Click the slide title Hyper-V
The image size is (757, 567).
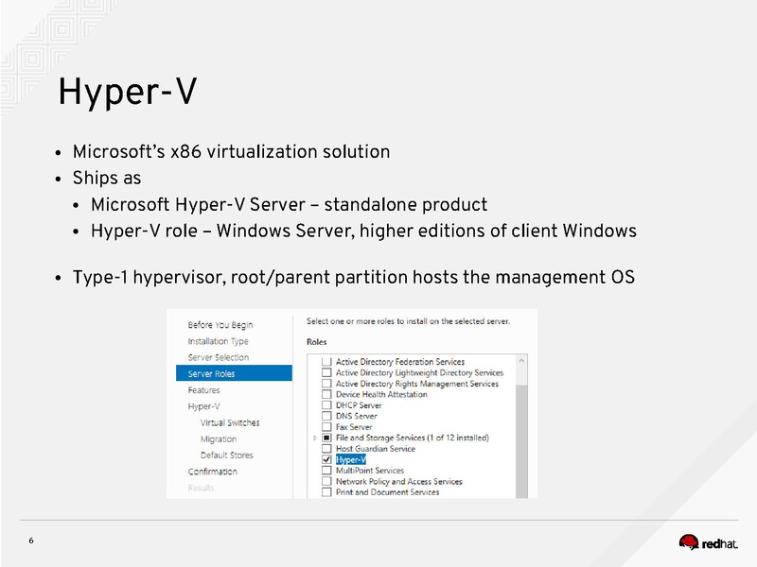coord(127,93)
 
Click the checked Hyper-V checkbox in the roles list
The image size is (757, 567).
coord(326,460)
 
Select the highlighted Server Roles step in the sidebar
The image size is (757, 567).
coord(212,373)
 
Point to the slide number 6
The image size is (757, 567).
coord(31,541)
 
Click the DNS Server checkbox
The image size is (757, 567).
coord(326,416)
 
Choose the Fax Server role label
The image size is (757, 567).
coord(354,427)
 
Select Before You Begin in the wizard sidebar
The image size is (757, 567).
coord(220,325)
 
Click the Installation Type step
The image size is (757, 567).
coord(219,341)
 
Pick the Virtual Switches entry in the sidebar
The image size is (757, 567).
coord(230,422)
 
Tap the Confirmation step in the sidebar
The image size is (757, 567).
coord(213,472)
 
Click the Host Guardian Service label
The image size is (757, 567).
coord(376,449)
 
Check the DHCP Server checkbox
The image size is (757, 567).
coord(326,405)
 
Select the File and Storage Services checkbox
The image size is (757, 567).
coord(326,438)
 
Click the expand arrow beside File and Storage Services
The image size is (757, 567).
coord(315,438)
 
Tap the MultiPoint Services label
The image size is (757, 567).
coord(370,471)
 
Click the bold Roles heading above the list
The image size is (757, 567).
coord(317,341)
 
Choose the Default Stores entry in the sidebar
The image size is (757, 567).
coord(227,455)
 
